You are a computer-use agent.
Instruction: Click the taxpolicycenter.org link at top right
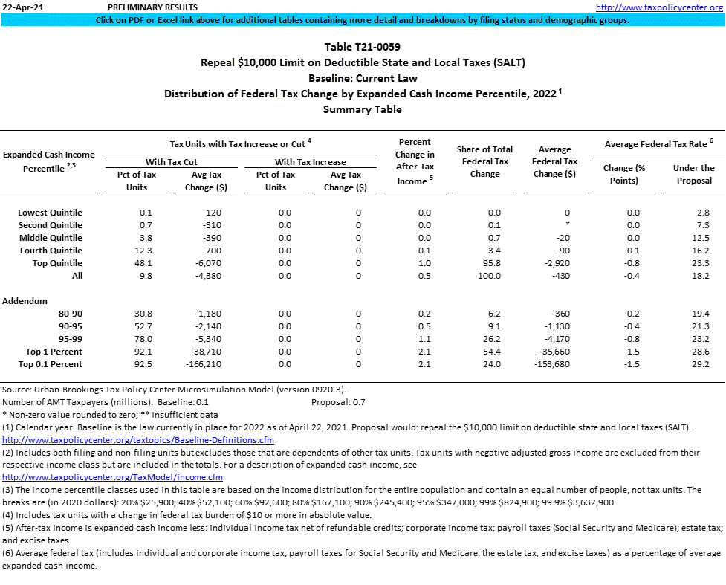coord(659,7)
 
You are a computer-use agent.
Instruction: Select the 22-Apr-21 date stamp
coord(22,7)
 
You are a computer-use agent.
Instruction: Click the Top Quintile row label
coord(57,263)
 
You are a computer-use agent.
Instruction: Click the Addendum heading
coord(25,301)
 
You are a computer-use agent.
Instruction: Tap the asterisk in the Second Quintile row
coord(567,225)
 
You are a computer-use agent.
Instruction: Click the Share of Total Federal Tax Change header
coord(484,161)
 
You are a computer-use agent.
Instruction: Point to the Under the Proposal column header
coord(693,174)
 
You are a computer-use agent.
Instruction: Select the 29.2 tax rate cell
coord(699,364)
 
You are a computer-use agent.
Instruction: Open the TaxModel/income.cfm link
coord(113,477)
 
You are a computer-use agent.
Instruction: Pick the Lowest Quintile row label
coord(50,213)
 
